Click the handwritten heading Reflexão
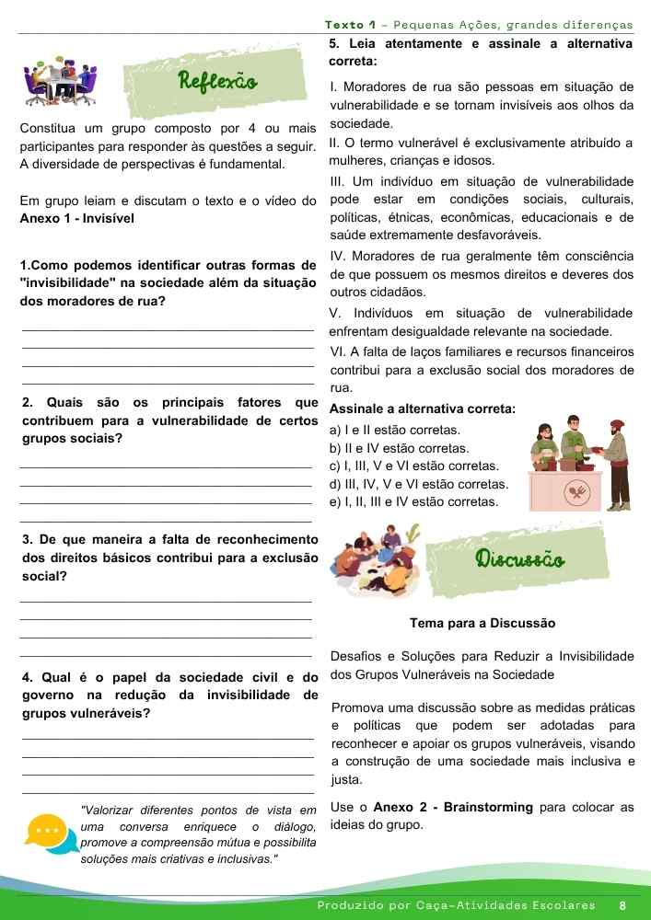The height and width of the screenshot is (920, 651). click(218, 80)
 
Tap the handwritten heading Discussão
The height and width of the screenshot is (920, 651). click(519, 558)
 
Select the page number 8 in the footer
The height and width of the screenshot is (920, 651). click(623, 905)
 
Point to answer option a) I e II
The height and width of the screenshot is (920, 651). click(394, 430)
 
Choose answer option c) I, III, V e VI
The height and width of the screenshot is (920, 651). click(413, 466)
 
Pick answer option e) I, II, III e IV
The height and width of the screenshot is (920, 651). click(413, 501)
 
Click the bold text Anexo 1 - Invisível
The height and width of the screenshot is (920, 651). click(77, 219)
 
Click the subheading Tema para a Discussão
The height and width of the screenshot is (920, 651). click(482, 623)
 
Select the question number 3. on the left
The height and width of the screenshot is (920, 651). click(27, 539)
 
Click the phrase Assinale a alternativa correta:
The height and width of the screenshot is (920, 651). click(422, 408)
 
